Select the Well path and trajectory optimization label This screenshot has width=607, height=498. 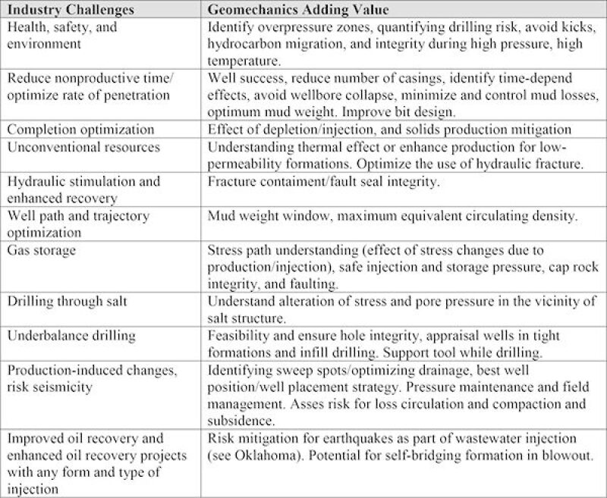click(78, 224)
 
